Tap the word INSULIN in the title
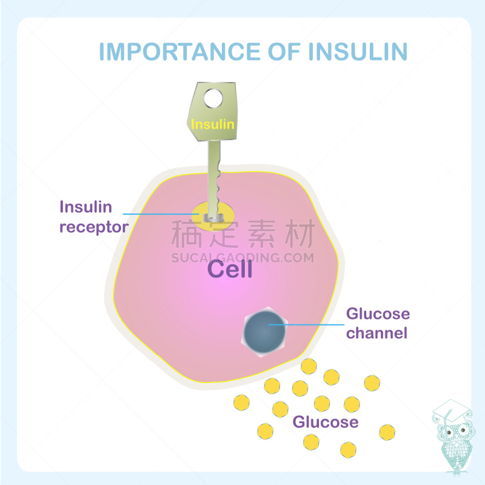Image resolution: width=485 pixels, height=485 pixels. click(357, 52)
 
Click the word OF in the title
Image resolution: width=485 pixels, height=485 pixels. click(286, 52)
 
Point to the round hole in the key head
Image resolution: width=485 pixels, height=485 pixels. click(213, 98)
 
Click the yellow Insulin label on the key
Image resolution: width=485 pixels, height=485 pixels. click(213, 125)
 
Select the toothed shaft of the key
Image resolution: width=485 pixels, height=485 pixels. click(215, 176)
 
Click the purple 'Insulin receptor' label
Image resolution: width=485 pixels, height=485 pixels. click(94, 217)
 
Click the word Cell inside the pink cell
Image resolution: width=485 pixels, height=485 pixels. click(230, 269)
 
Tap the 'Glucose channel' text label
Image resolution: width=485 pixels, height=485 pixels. click(377, 324)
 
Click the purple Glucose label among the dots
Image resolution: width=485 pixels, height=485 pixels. click(326, 422)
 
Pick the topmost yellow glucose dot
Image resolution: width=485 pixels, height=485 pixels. click(309, 366)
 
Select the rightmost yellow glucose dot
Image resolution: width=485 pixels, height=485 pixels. click(387, 432)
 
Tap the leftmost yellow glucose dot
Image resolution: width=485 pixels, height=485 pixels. click(242, 401)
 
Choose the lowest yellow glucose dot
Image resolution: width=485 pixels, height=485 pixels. click(348, 449)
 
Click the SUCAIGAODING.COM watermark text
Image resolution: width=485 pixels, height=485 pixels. click(242, 258)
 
